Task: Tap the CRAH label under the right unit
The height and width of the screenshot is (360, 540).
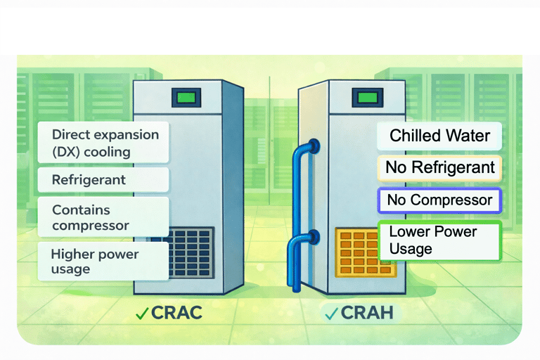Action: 367,313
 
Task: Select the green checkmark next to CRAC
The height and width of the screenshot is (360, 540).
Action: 141,314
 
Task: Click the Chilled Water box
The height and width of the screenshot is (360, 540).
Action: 439,136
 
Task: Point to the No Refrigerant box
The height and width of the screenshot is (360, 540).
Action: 439,168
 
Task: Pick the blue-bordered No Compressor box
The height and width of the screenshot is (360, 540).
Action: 439,200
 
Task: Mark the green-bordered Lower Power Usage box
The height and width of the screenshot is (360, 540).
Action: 439,240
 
